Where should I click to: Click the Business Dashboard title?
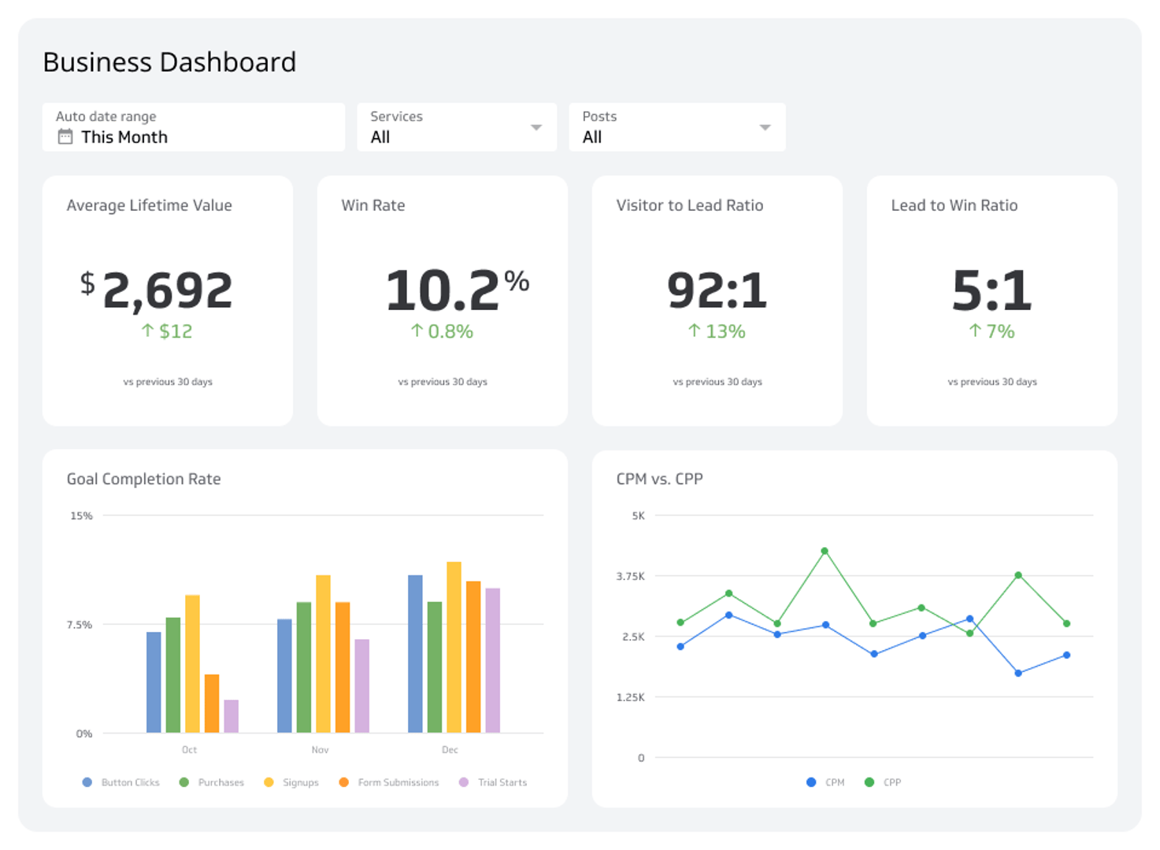click(x=169, y=62)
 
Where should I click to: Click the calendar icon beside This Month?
click(x=65, y=137)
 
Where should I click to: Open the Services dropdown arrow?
click(x=536, y=128)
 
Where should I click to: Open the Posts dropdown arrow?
click(x=764, y=128)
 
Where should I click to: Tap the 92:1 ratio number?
click(x=717, y=290)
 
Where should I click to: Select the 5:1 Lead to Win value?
click(x=991, y=290)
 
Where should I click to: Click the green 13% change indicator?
click(x=717, y=331)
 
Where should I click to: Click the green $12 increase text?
click(x=167, y=331)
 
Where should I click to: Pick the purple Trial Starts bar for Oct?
click(x=231, y=716)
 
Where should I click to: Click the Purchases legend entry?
click(x=213, y=782)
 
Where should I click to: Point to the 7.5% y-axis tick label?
click(x=80, y=625)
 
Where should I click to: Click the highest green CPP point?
click(x=825, y=551)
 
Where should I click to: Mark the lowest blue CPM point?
click(x=1018, y=673)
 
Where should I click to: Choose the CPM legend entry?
click(x=826, y=782)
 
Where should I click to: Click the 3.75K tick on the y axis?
click(x=630, y=576)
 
